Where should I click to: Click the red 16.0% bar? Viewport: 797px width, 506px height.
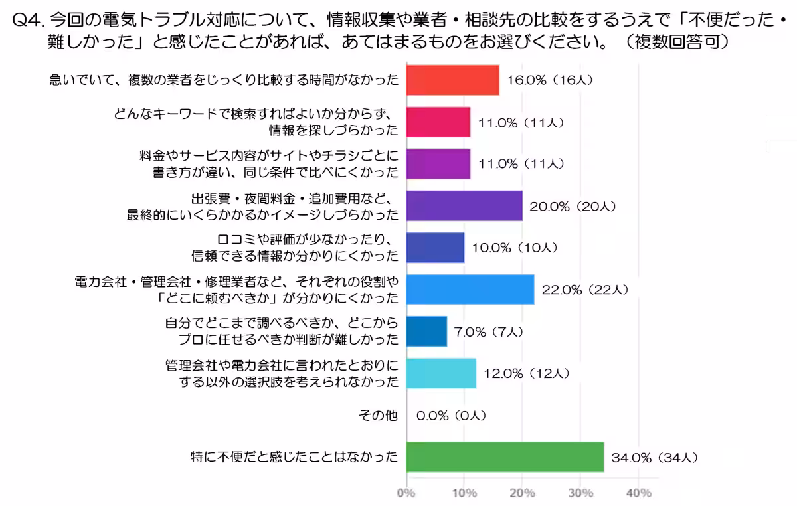452,80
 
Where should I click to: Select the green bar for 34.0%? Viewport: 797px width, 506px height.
505,457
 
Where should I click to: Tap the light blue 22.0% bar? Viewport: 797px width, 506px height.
470,290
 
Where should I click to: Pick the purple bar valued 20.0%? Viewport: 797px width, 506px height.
464,206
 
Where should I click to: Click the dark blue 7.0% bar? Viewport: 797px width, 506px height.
426,331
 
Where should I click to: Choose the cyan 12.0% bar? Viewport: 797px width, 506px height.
440,373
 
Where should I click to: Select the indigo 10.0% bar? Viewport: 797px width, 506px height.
435,248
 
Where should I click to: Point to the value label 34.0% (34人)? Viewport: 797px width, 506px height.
655,458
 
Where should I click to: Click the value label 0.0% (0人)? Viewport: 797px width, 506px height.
452,416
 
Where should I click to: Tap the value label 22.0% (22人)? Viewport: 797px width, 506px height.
585,290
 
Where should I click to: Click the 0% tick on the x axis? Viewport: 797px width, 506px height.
406,493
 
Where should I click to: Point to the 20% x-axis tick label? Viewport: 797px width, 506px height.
523,493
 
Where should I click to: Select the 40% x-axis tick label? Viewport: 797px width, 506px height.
639,493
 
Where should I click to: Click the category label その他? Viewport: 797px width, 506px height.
378,416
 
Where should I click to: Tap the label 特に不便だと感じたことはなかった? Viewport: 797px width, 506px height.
294,457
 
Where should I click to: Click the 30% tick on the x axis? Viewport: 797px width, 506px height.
580,493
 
